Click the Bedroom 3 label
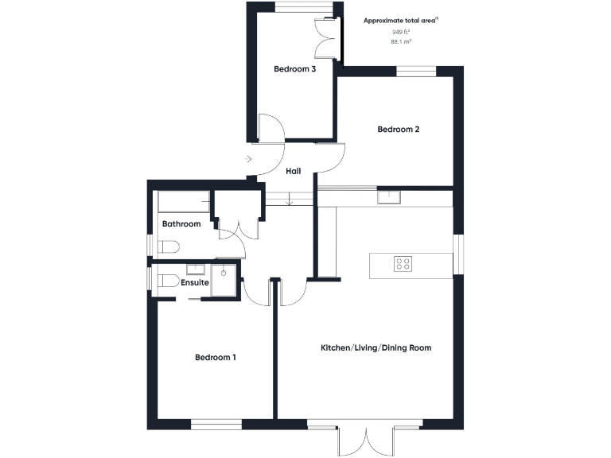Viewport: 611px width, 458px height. click(295, 69)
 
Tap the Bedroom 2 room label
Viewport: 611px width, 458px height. click(398, 130)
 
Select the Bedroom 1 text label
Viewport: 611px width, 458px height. click(216, 358)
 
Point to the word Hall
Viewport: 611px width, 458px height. click(292, 171)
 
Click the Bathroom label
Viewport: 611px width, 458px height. click(181, 224)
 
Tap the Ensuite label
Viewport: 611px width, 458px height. click(195, 282)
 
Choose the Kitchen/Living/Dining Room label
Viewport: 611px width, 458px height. click(376, 348)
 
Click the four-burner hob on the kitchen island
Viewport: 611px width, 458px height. click(403, 263)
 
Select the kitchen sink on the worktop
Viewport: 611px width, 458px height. click(388, 196)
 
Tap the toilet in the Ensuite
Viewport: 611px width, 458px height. click(166, 280)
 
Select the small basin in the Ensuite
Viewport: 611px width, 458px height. click(196, 269)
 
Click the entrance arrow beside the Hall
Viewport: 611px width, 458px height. click(249, 160)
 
